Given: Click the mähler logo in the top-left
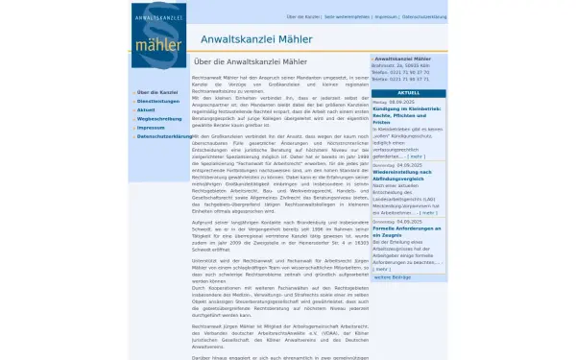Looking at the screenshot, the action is [x=159, y=36].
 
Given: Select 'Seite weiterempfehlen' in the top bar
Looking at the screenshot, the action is [x=347, y=17].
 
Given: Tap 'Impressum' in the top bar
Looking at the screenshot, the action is [x=386, y=17].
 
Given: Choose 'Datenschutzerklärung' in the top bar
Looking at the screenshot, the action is [x=423, y=17].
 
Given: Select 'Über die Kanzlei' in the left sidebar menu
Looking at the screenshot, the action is [x=156, y=92].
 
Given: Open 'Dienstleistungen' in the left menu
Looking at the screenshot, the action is [x=158, y=101].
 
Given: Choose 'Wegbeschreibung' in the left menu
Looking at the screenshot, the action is [x=158, y=118].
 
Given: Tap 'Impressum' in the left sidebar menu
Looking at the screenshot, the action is [x=151, y=127].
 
